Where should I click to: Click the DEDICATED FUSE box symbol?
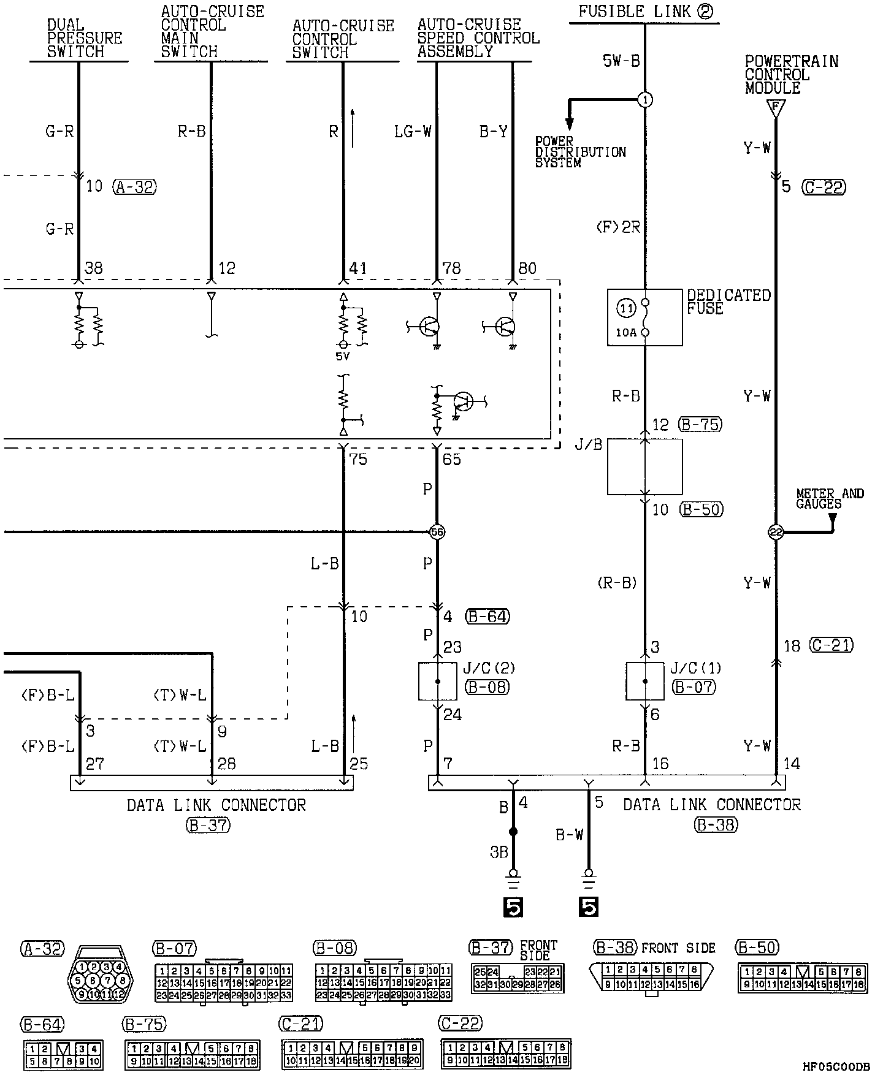point(644,317)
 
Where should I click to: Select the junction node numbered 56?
point(437,532)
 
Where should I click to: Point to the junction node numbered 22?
point(776,532)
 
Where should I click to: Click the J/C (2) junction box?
point(437,681)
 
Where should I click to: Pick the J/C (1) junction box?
point(644,681)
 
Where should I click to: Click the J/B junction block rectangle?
point(644,466)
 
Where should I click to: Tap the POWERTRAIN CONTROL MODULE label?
point(791,75)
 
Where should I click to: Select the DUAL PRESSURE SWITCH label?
point(84,39)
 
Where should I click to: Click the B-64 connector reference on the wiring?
point(487,616)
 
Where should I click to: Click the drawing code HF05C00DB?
point(836,1066)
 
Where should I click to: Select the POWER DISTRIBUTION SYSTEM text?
point(580,152)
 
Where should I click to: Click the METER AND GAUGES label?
point(829,498)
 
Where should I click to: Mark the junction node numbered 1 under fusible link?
point(644,100)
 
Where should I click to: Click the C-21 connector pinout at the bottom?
point(351,1054)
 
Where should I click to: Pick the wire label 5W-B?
point(622,60)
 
